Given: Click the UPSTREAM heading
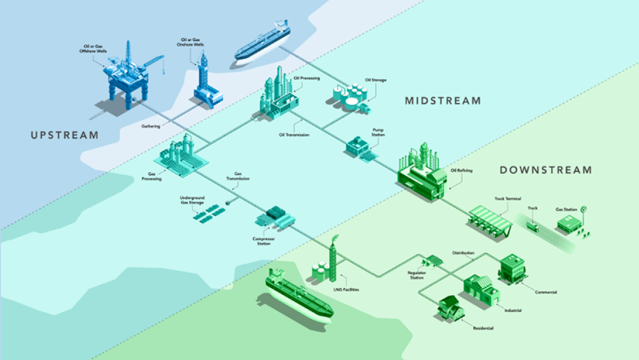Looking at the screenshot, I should pyautogui.click(x=64, y=135).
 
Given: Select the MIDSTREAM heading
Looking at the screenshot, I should pyautogui.click(x=443, y=101).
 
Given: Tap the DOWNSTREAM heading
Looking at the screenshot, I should pyautogui.click(x=545, y=170).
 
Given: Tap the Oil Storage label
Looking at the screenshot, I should pyautogui.click(x=375, y=80).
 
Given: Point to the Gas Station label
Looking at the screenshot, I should pyautogui.click(x=566, y=209).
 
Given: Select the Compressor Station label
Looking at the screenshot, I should pyautogui.click(x=264, y=241).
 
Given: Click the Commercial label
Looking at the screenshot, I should pyautogui.click(x=546, y=292).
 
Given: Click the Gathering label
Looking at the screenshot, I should pyautogui.click(x=151, y=125).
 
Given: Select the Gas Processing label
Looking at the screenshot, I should pyautogui.click(x=152, y=177).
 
